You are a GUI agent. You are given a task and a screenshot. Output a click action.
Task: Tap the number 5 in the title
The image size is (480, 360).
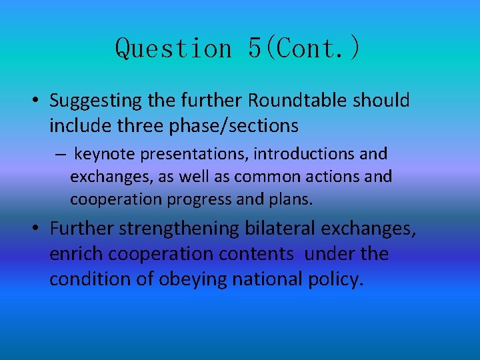[255, 48]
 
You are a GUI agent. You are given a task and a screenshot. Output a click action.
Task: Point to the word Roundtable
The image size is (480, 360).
[298, 101]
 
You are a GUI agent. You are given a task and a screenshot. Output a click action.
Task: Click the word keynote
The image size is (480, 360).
[103, 155]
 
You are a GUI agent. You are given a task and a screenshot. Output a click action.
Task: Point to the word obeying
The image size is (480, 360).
[193, 279]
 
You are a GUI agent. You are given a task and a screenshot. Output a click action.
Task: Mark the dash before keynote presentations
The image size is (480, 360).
[60, 155]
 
